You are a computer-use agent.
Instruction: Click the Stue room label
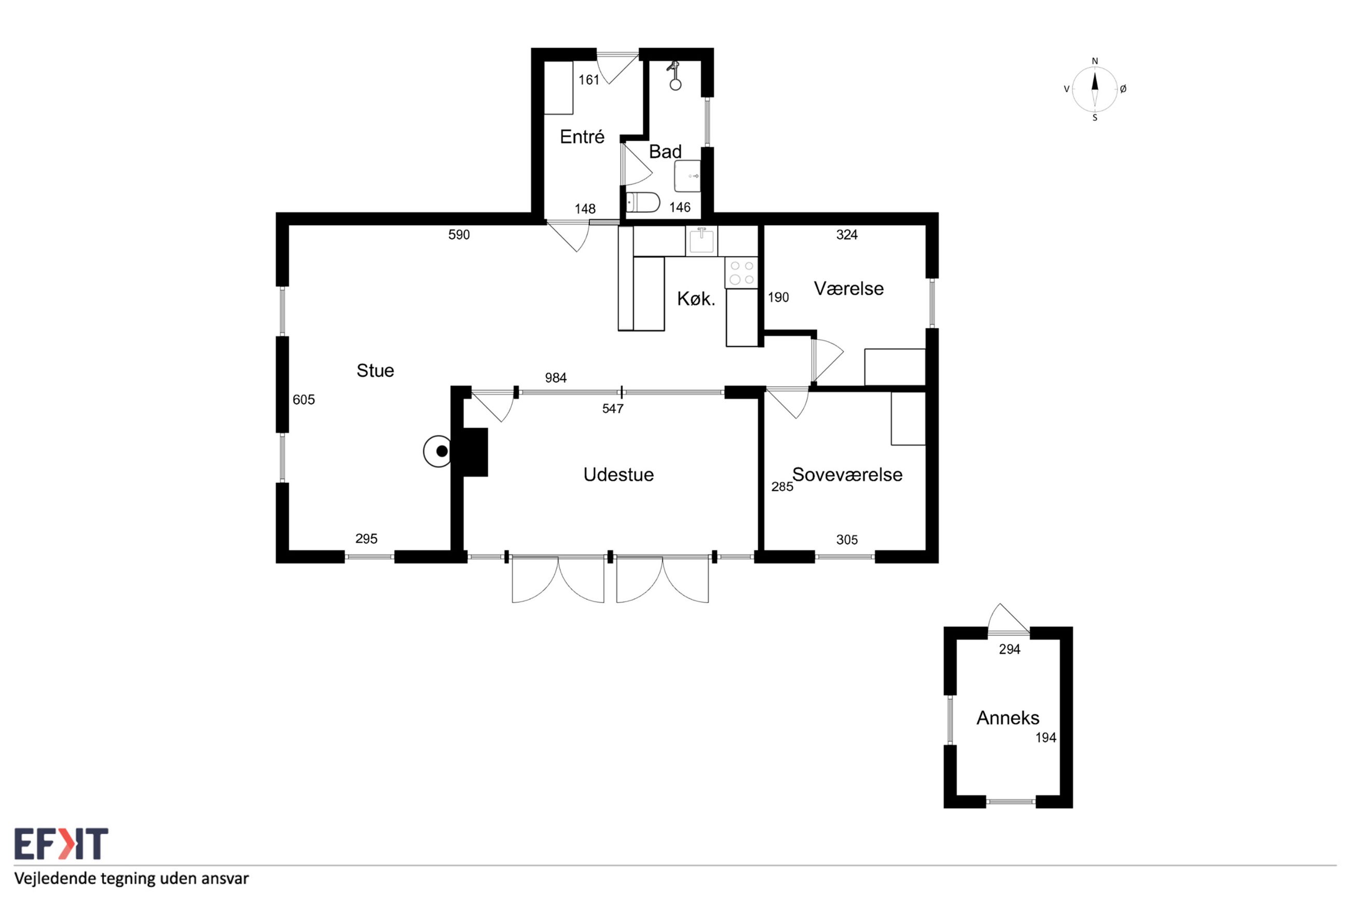pos(375,370)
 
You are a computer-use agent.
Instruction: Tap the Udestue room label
pos(618,475)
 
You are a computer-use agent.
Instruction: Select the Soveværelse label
pos(847,475)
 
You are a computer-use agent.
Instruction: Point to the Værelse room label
pos(848,288)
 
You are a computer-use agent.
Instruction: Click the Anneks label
pos(1008,718)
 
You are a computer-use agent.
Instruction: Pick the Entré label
pos(582,136)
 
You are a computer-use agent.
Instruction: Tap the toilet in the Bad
pos(643,202)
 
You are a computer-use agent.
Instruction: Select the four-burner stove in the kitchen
pos(741,272)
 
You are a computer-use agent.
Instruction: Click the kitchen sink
pos(701,240)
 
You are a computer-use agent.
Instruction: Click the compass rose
pos(1094,89)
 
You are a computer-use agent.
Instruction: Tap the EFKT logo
pos(61,843)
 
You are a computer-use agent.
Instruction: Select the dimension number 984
pos(556,378)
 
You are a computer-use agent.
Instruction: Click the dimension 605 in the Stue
pos(304,399)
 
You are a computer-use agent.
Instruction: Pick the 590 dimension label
pos(459,234)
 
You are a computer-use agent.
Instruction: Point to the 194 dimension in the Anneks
pos(1045,738)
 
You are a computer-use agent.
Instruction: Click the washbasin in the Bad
pos(687,176)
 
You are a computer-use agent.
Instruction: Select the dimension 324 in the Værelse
pos(847,234)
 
